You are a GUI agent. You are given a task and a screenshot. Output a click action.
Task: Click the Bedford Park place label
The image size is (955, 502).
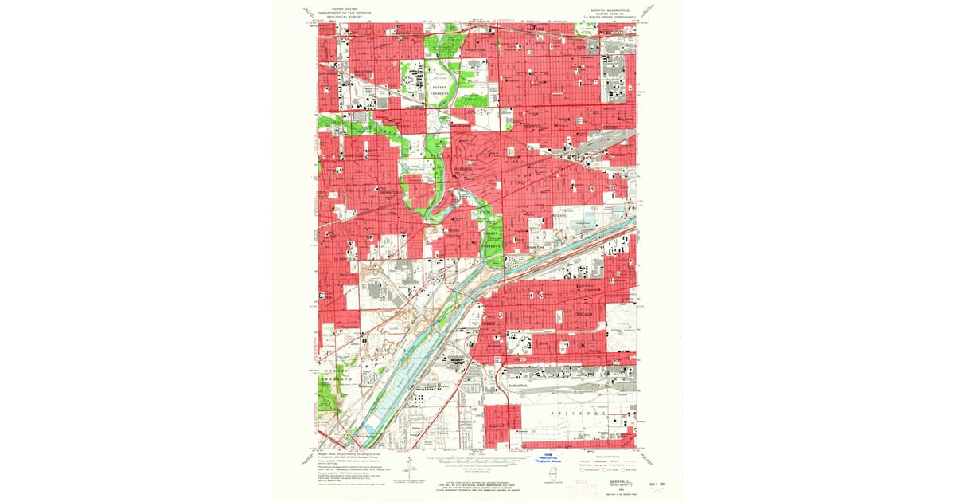coord(519,385)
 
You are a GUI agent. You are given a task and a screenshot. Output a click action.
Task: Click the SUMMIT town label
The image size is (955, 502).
coord(489,324)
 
